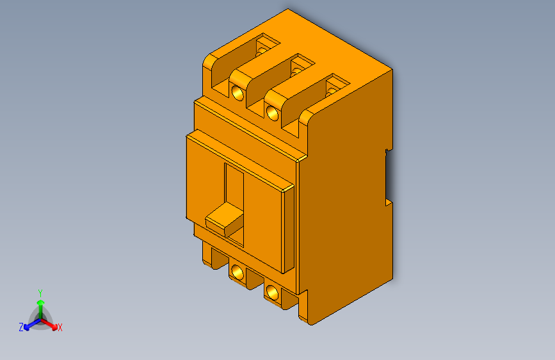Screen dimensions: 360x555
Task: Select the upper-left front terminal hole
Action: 237,92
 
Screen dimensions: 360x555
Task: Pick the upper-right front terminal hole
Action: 273,113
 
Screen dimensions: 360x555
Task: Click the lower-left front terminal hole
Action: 237,273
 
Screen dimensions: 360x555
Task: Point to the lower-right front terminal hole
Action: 273,293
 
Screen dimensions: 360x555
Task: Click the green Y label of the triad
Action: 40,291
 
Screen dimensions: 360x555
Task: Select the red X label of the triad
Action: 60,328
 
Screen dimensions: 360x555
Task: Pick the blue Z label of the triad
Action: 21,327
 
